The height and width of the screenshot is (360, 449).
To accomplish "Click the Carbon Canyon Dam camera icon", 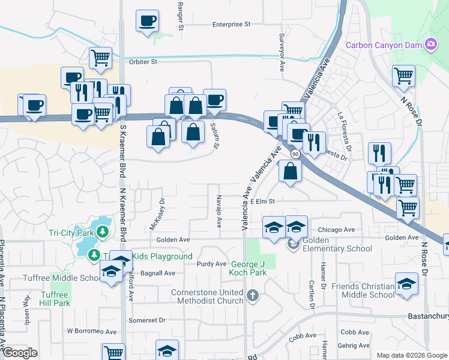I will pyautogui.click(x=430, y=44).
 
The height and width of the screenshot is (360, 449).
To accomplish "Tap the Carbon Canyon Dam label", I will pyautogui.click(x=384, y=45).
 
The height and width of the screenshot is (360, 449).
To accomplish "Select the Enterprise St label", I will pyautogui.click(x=231, y=25).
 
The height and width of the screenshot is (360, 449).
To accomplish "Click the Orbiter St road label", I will pyautogui.click(x=142, y=61).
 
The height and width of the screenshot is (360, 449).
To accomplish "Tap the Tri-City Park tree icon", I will pyautogui.click(x=103, y=231).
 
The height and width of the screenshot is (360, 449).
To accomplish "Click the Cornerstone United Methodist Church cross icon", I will pyautogui.click(x=253, y=295).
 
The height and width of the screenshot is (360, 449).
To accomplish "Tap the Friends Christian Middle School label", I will pyautogui.click(x=369, y=290).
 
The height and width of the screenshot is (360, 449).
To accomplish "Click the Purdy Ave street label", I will pyautogui.click(x=212, y=263).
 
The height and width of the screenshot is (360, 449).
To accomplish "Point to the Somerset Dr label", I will pyautogui.click(x=149, y=320).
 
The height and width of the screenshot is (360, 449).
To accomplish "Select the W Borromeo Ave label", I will pyautogui.click(x=91, y=331).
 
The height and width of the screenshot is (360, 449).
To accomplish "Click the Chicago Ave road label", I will pyautogui.click(x=336, y=229).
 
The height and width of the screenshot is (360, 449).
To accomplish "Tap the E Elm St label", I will pyautogui.click(x=262, y=202).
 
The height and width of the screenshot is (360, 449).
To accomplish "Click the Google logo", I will pyautogui.click(x=20, y=353).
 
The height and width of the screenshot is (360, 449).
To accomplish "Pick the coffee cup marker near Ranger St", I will pyautogui.click(x=148, y=22).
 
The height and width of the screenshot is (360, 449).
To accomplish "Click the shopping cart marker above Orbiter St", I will pyautogui.click(x=101, y=58).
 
